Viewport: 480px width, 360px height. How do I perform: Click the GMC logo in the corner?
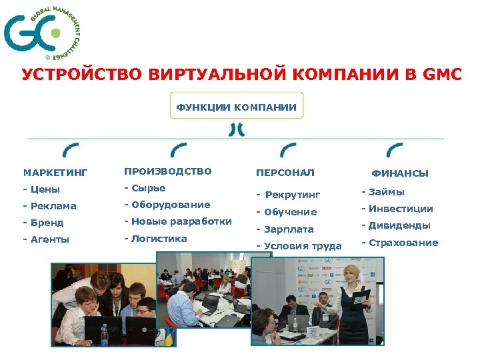[41, 31]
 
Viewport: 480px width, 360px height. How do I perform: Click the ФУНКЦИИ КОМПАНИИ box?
[236, 106]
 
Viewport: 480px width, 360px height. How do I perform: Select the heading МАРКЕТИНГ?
[55, 173]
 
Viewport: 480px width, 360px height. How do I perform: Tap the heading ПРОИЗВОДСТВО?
[167, 171]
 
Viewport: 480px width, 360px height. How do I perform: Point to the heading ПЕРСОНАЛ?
[285, 172]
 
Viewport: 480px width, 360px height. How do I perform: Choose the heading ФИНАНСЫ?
[400, 173]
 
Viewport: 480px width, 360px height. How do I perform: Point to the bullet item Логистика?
[155, 238]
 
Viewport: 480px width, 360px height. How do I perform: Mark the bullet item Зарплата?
[285, 229]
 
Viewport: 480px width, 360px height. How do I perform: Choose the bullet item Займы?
[383, 192]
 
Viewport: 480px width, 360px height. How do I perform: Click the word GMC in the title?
[442, 74]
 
